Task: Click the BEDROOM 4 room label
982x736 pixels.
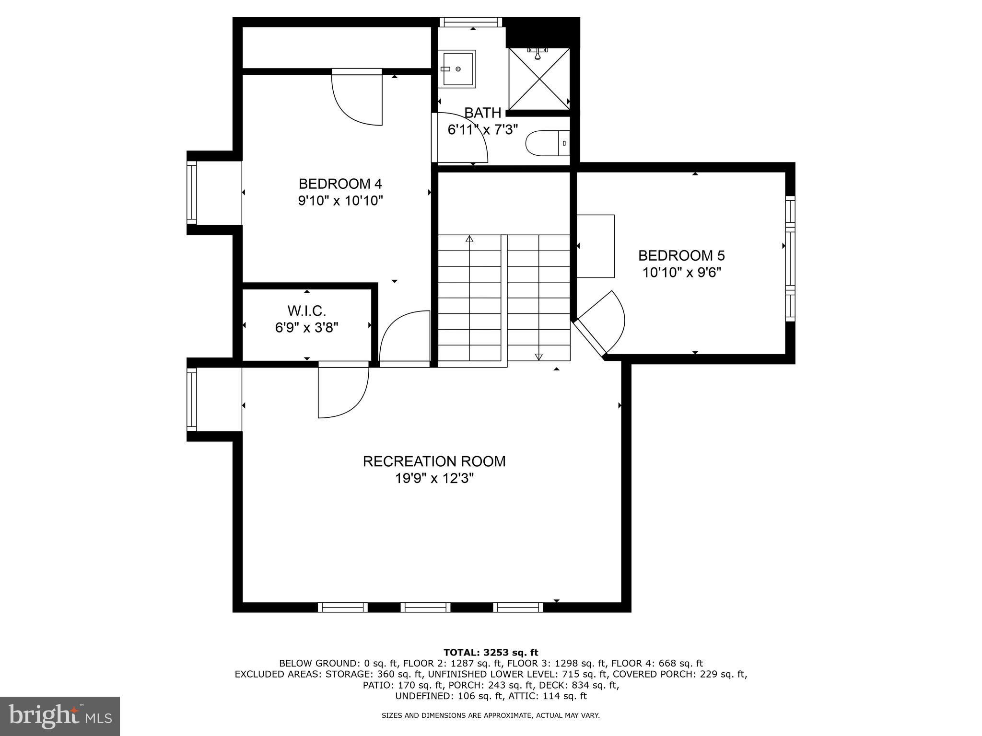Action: coord(340,184)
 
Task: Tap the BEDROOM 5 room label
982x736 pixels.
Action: coord(681,255)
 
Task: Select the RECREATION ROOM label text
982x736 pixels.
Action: coord(434,461)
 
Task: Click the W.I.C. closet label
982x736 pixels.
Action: coord(307,311)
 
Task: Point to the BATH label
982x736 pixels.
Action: coord(483,113)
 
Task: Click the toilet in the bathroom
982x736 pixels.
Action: coord(547,143)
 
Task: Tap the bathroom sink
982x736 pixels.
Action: coord(457,69)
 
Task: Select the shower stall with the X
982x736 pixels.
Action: coord(539,79)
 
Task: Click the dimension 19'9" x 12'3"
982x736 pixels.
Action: coord(434,479)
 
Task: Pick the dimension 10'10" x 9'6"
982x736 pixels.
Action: coord(681,273)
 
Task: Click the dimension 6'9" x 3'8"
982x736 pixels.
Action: coord(307,328)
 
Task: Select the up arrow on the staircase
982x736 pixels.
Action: coord(469,239)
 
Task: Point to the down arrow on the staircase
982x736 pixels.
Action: coord(538,356)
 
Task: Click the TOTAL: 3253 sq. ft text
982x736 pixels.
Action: coord(491,653)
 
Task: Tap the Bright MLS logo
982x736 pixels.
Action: coord(60,716)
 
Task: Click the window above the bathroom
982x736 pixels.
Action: coord(471,22)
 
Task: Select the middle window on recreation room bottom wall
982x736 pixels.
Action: coord(425,608)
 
